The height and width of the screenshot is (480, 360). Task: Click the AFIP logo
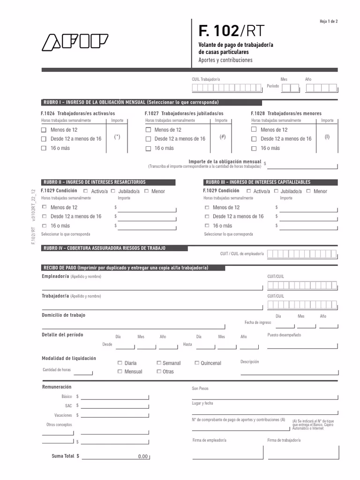tap(75, 42)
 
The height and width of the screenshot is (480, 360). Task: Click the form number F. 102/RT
tap(231, 31)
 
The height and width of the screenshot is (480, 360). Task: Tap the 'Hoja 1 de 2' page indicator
tap(328, 22)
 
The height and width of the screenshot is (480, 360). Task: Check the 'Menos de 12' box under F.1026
tap(44, 130)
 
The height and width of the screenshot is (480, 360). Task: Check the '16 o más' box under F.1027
tap(148, 148)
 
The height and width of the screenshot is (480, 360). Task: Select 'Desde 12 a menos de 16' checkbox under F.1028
tap(254, 139)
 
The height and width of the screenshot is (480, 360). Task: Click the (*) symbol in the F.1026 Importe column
tap(117, 137)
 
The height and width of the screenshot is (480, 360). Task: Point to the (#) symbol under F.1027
tap(223, 137)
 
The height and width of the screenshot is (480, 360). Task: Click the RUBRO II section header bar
tap(94, 182)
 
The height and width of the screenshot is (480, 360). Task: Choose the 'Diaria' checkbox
tap(120, 363)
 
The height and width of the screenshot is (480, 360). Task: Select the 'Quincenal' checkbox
tap(197, 363)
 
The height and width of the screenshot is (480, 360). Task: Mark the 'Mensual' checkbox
tap(120, 371)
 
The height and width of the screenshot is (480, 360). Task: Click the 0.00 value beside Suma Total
tap(142, 457)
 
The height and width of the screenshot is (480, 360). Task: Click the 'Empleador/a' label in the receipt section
tap(55, 277)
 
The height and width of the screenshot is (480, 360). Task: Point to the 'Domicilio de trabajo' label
tap(64, 315)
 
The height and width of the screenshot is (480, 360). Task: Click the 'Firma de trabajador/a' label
tap(284, 441)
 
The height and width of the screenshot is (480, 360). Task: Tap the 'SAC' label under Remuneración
tap(68, 405)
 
